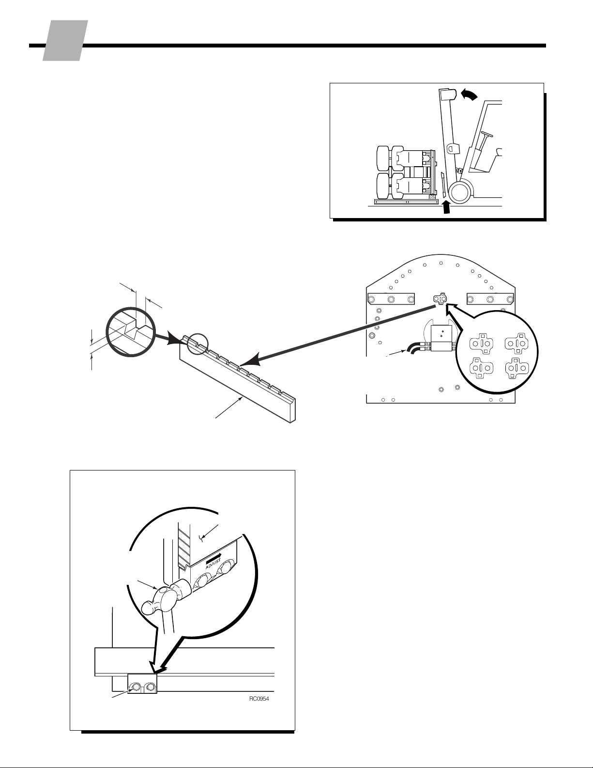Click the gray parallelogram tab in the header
[65, 41]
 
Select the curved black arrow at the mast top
[470, 94]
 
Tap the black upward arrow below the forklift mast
[446, 207]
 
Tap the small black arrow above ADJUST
[213, 557]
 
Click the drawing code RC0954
[259, 699]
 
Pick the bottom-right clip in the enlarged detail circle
[517, 369]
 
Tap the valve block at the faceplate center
[441, 338]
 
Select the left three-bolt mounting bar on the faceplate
[391, 299]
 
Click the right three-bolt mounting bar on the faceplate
[490, 299]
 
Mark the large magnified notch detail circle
[131, 332]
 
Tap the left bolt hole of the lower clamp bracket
[135, 686]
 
